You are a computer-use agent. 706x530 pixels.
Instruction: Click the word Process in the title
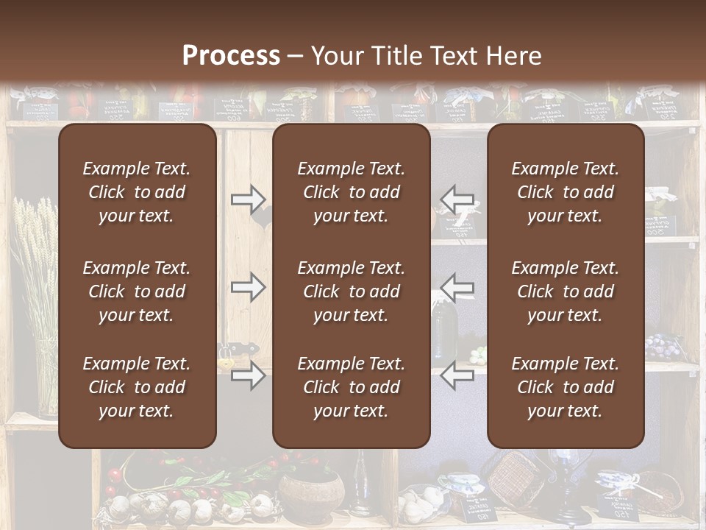pos(231,56)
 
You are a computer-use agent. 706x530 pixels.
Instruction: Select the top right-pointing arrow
pos(248,198)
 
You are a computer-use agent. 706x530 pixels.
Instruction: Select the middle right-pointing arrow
pos(248,287)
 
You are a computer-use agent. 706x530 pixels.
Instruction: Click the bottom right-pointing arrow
pos(248,375)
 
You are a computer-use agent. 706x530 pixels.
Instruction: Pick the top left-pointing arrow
pos(457,198)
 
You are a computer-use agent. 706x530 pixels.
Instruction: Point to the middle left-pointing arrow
pos(457,287)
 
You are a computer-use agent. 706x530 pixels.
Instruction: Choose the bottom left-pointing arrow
pos(457,375)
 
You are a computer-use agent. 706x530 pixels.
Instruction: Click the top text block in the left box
pos(137,192)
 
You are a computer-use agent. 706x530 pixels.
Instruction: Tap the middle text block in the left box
pos(137,291)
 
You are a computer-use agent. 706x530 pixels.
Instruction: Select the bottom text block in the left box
pos(137,387)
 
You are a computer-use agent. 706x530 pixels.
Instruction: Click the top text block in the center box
pos(351,192)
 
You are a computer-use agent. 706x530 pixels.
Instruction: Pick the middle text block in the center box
pos(351,291)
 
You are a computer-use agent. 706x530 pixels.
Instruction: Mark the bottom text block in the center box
pos(351,387)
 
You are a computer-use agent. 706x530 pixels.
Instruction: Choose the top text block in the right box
pos(565,192)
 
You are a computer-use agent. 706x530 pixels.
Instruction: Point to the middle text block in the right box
pos(565,291)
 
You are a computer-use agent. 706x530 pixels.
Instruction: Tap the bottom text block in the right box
pos(565,387)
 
